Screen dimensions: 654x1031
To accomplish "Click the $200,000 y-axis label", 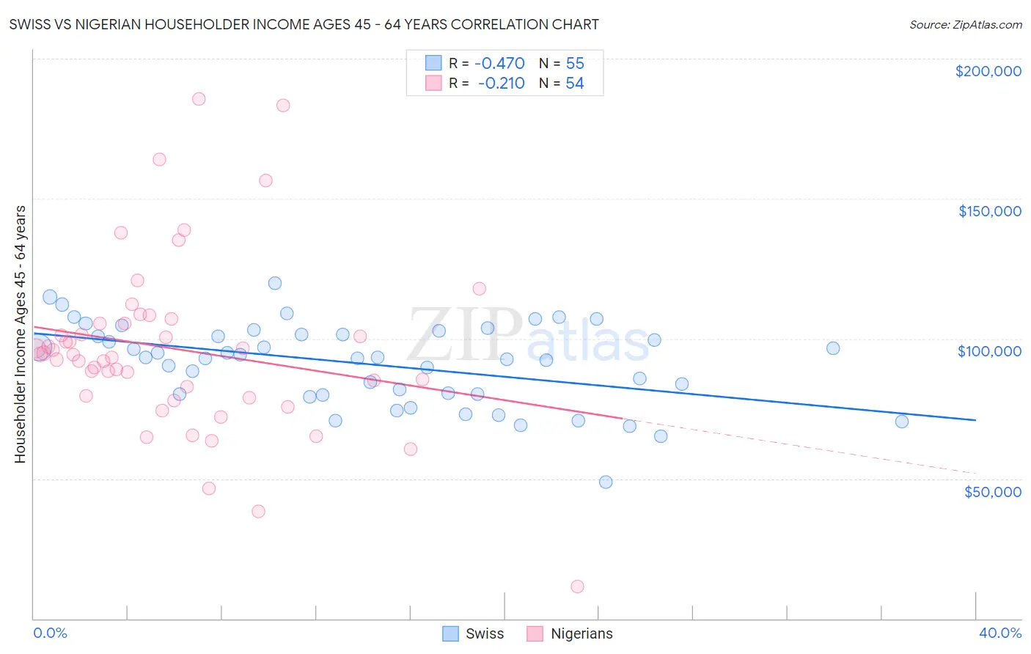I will pyautogui.click(x=988, y=71).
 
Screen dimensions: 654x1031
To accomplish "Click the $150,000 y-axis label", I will pyautogui.click(x=989, y=211).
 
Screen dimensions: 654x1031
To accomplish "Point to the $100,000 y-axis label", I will pyautogui.click(x=989, y=351).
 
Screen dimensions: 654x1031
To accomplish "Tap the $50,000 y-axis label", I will pyautogui.click(x=992, y=492).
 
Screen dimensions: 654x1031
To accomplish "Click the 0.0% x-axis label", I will pyautogui.click(x=50, y=633).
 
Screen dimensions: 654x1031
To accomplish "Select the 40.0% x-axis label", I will pyautogui.click(x=999, y=633).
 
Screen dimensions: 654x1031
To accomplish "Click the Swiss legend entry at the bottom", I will pyautogui.click(x=484, y=633).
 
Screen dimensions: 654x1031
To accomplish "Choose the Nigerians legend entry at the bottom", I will pyautogui.click(x=581, y=633).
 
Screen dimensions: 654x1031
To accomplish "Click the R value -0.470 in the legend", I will pyautogui.click(x=499, y=63).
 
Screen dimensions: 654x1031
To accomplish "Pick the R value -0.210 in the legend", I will pyautogui.click(x=501, y=84).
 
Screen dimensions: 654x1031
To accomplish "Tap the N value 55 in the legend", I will pyautogui.click(x=575, y=63).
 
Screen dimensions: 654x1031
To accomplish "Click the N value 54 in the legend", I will pyautogui.click(x=575, y=84).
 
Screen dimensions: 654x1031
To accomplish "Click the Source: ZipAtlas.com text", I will pyautogui.click(x=965, y=25).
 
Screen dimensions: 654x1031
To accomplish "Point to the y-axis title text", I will pyautogui.click(x=21, y=334).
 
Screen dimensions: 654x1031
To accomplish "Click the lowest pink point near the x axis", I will pyautogui.click(x=577, y=587).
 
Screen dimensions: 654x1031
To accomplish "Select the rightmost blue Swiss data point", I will pyautogui.click(x=902, y=422).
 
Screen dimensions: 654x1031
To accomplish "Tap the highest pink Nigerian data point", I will pyautogui.click(x=199, y=99).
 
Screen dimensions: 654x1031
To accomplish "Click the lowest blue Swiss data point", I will pyautogui.click(x=606, y=482).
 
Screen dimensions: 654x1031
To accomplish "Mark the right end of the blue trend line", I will pyautogui.click(x=975, y=420).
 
